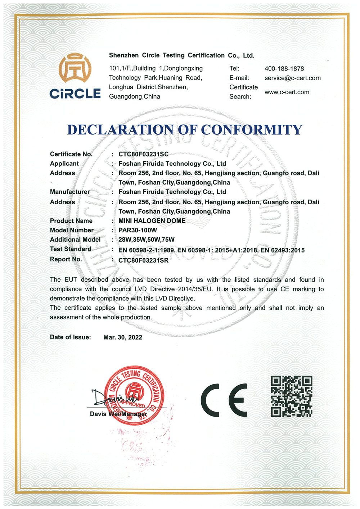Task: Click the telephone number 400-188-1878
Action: click(284, 69)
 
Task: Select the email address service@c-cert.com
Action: click(292, 78)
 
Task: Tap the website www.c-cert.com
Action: click(287, 92)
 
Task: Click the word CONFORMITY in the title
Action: click(252, 130)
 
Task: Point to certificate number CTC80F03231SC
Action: click(143, 154)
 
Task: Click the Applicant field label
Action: click(64, 164)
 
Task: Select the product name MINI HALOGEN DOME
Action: click(152, 221)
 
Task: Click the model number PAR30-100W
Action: click(138, 230)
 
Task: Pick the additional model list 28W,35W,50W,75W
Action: click(146, 240)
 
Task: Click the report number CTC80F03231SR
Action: click(143, 260)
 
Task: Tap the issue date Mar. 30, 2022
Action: click(122, 337)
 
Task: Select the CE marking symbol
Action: click(224, 399)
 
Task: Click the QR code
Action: click(291, 396)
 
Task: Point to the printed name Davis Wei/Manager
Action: click(118, 414)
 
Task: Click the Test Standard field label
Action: click(71, 249)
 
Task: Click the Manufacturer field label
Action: click(70, 192)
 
